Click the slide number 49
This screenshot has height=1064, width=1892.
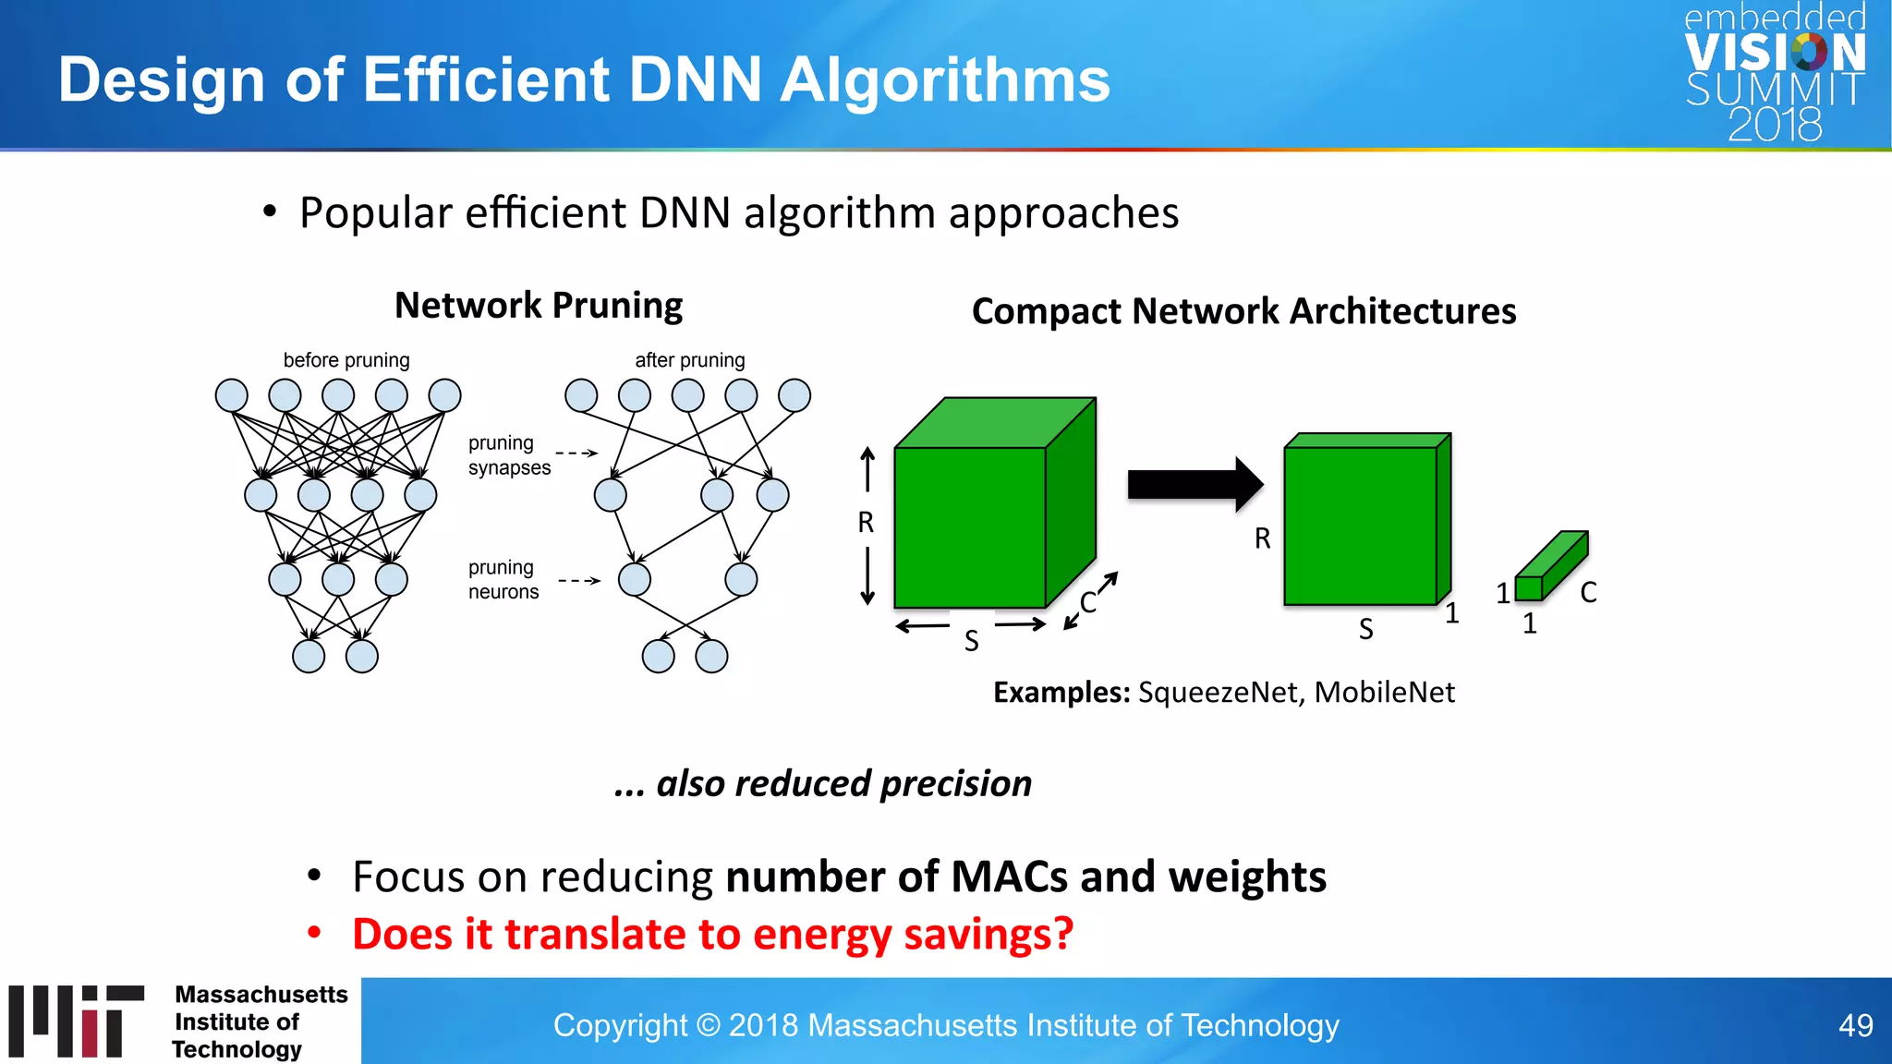pyautogui.click(x=1855, y=1025)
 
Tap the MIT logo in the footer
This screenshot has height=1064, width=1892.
pyautogui.click(x=77, y=1021)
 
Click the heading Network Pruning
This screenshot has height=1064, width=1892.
pyautogui.click(x=539, y=306)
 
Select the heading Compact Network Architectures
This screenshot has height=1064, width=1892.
pyautogui.click(x=1243, y=311)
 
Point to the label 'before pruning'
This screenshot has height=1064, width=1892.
pyautogui.click(x=346, y=360)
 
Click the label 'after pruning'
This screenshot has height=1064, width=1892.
pyautogui.click(x=689, y=360)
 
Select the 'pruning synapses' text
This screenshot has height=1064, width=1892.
pyautogui.click(x=508, y=455)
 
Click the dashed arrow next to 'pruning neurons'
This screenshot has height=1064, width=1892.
pyautogui.click(x=579, y=581)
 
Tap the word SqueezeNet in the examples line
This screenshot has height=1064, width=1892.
pyautogui.click(x=1217, y=693)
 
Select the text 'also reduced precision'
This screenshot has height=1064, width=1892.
pyautogui.click(x=843, y=783)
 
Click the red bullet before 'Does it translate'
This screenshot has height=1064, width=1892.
pyautogui.click(x=314, y=933)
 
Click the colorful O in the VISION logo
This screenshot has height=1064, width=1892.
pyautogui.click(x=1809, y=53)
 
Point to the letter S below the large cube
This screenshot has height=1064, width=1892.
pyautogui.click(x=971, y=641)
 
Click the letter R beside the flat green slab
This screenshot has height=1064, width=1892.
pyautogui.click(x=1262, y=538)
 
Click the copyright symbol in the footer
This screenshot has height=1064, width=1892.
pyautogui.click(x=709, y=1025)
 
